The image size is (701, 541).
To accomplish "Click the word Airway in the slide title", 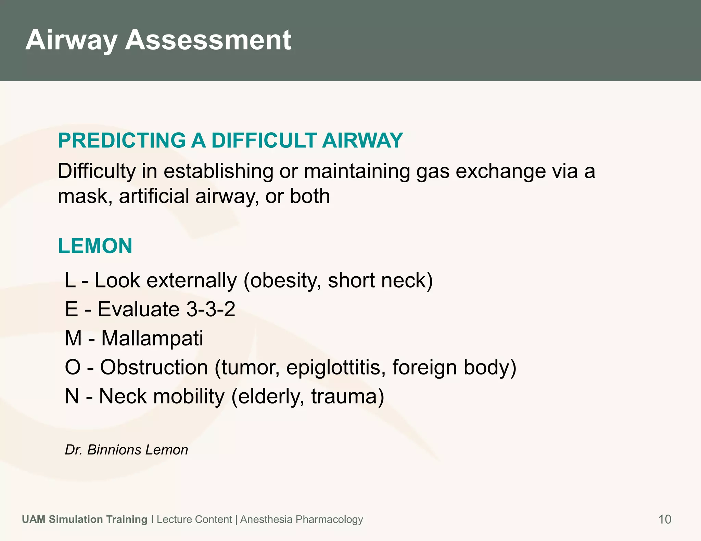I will (71, 40).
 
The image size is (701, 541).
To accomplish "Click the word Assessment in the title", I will (208, 40).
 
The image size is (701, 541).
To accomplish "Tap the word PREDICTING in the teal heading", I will (122, 141).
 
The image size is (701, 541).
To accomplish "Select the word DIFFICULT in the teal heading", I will (264, 141).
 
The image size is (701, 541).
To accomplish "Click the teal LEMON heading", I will (95, 246).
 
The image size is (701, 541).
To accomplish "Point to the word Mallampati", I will (152, 339).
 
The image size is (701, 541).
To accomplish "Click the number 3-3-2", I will (211, 309).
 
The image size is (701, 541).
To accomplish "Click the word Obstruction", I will (154, 368).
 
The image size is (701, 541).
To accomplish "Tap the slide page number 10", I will (665, 519).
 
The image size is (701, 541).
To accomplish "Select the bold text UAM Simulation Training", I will (85, 519).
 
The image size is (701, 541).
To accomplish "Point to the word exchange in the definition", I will (501, 171).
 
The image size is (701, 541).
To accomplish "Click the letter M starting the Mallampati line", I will (73, 339).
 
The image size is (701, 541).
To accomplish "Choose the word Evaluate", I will (139, 309).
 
